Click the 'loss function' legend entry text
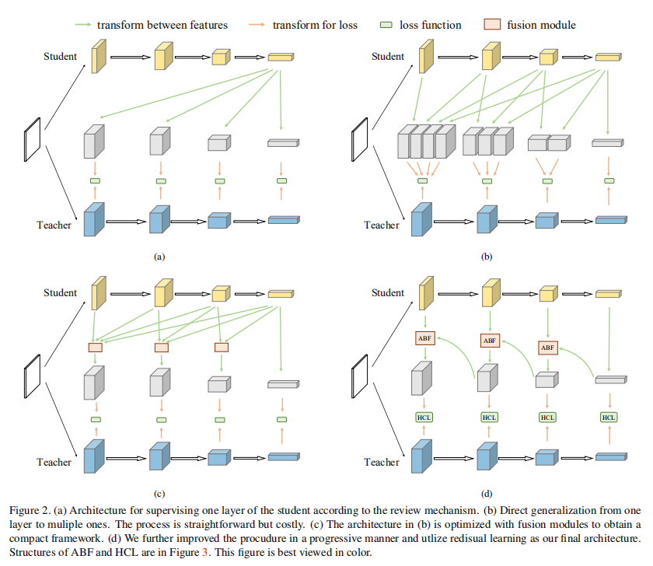click(431, 25)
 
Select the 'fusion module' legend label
click(541, 25)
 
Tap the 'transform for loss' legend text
click(315, 25)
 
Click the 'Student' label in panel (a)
click(61, 56)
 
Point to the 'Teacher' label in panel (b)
click(382, 225)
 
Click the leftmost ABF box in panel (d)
click(424, 338)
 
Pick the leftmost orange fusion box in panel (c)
click(96, 348)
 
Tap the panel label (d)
click(487, 493)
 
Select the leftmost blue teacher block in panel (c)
click(94, 456)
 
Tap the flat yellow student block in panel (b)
click(608, 56)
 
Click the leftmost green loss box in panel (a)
click(96, 181)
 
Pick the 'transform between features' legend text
click(162, 25)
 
